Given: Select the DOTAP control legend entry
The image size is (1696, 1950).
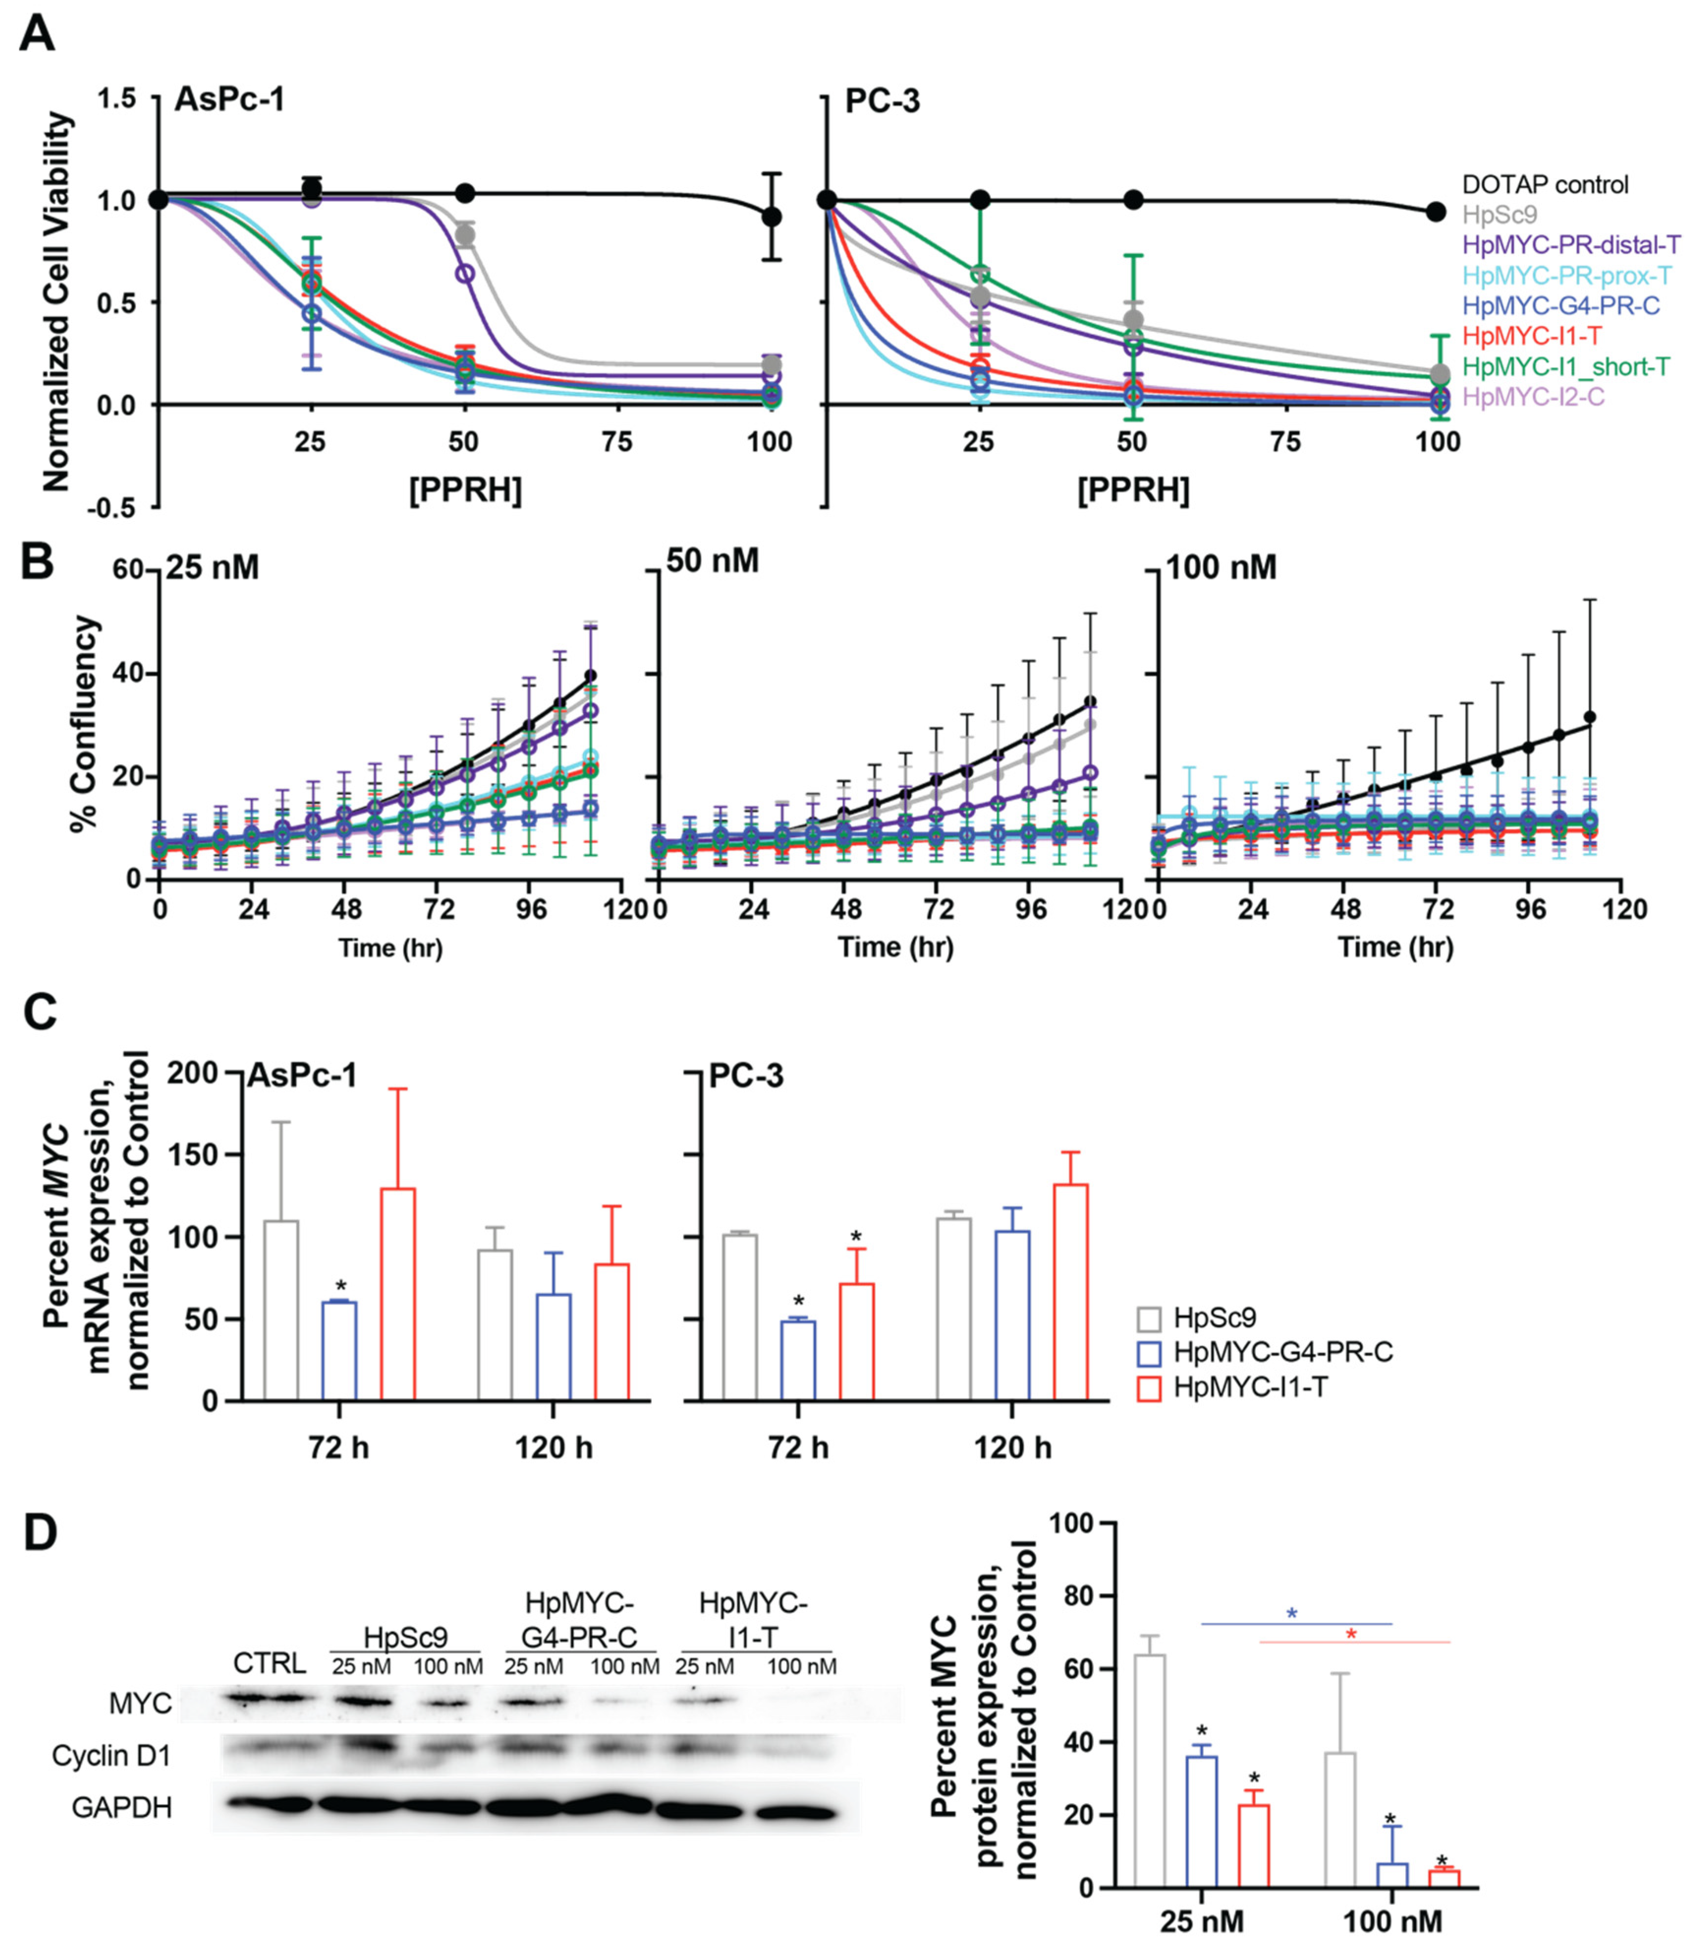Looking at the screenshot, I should tap(1545, 185).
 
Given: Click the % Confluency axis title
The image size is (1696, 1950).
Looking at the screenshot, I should tap(85, 724).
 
